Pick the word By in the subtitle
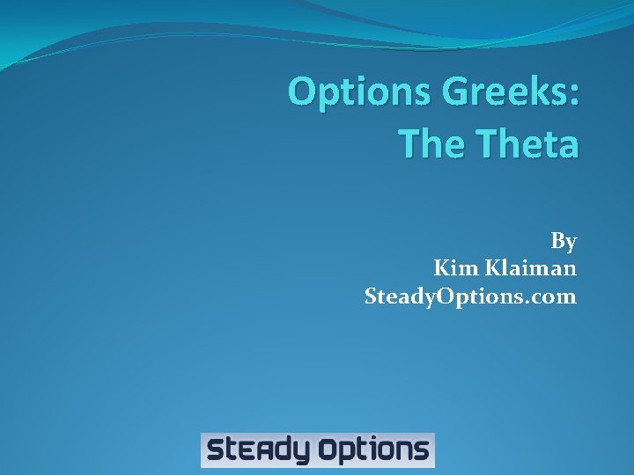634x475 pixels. click(x=564, y=241)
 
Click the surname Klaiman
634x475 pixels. click(x=530, y=268)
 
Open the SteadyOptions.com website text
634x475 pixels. click(x=470, y=296)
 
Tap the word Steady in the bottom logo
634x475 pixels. click(x=258, y=451)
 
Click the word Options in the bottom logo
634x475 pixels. click(x=373, y=451)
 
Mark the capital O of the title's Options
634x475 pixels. click(x=305, y=91)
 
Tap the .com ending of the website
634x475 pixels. click(x=552, y=296)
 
